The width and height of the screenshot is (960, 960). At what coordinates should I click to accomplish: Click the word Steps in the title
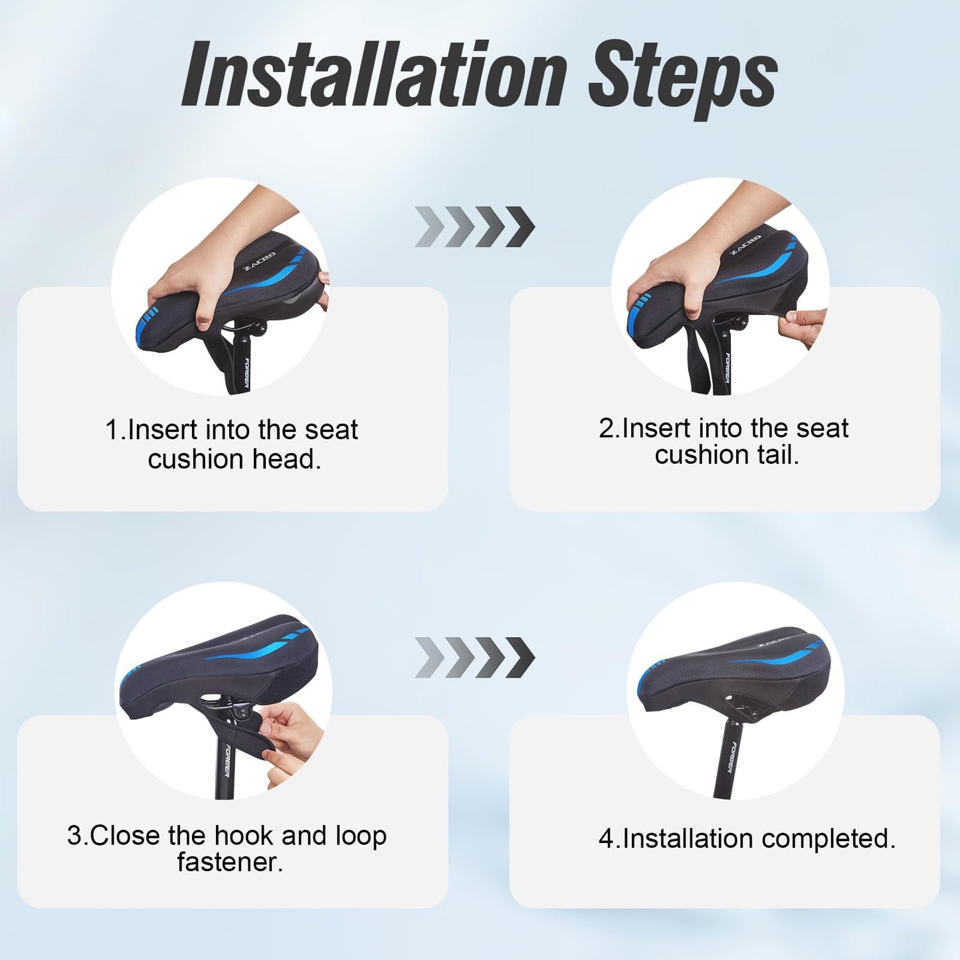coord(683,80)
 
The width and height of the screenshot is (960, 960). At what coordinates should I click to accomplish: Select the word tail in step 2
coord(778,454)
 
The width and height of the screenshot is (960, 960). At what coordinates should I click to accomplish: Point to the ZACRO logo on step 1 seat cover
coord(259,261)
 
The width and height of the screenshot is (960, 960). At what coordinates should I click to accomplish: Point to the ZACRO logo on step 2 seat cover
coord(745,245)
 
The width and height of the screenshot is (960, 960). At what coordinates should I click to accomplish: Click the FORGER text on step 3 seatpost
coord(226,760)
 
